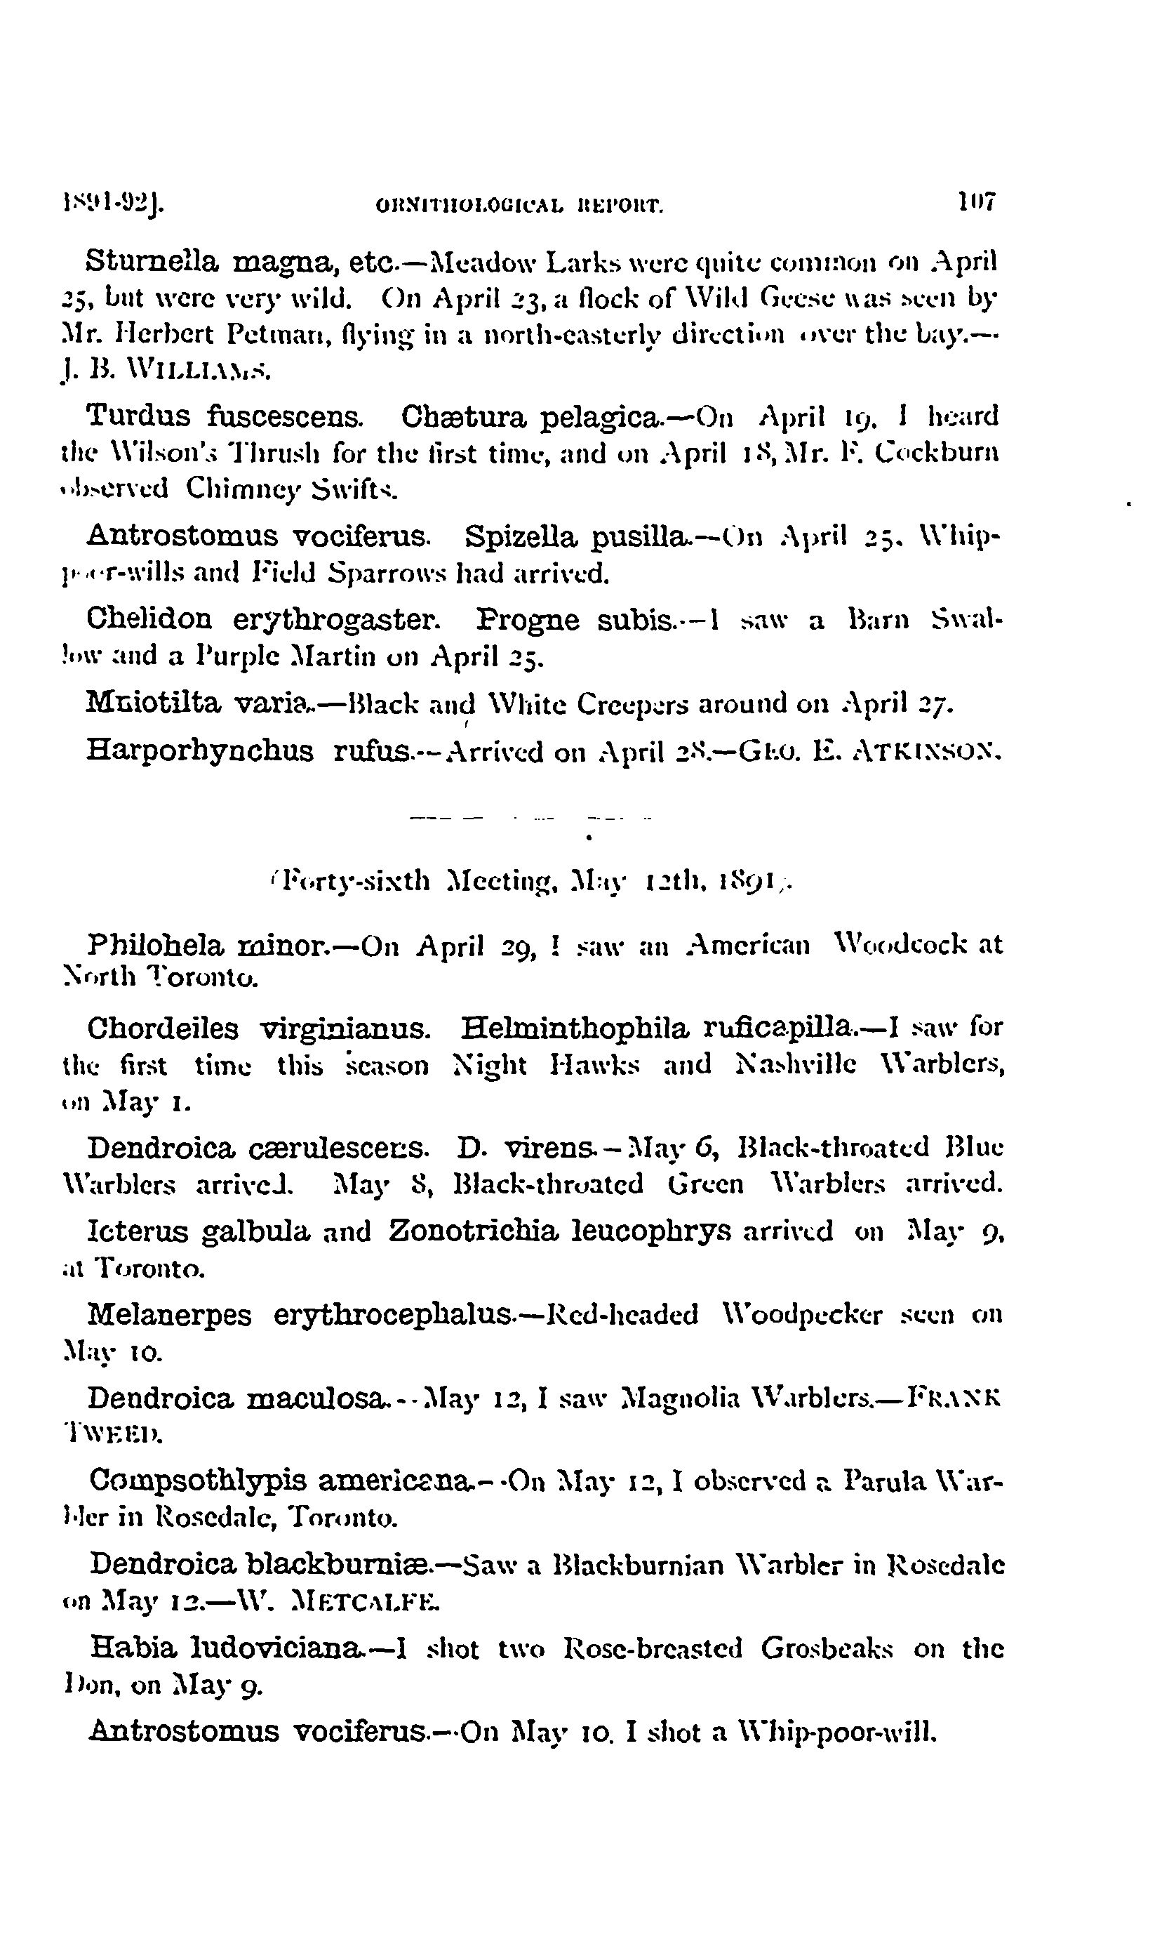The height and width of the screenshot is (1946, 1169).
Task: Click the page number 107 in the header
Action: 977,201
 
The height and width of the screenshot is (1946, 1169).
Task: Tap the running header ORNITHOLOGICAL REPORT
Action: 521,206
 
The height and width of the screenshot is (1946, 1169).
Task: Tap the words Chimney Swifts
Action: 292,489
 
